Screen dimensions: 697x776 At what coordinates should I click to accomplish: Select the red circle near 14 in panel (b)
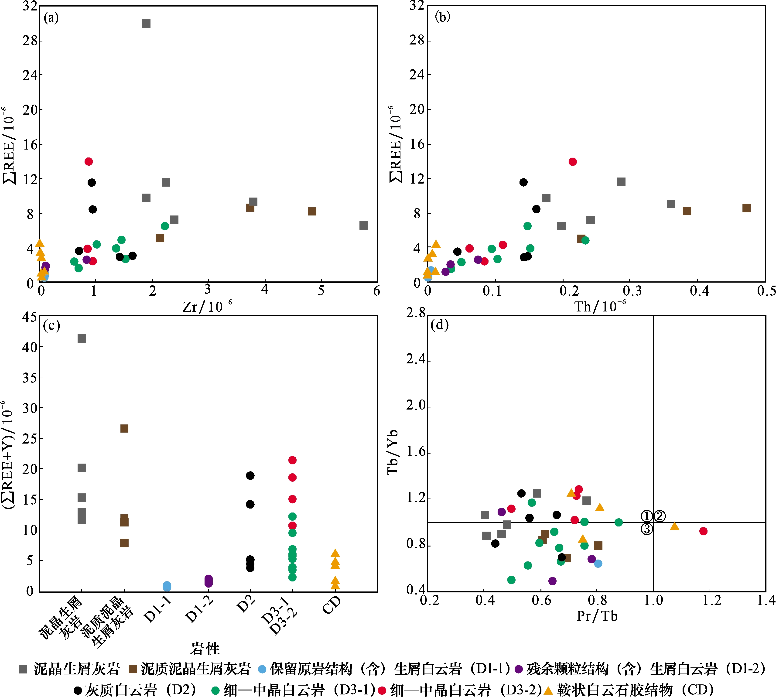click(x=573, y=162)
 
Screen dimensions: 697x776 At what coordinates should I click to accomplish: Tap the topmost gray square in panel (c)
click(x=82, y=338)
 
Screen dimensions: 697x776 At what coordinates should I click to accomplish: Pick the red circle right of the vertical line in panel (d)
click(x=703, y=531)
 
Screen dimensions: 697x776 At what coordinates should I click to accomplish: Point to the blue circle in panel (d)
click(x=598, y=563)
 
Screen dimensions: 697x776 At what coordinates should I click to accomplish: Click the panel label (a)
click(x=51, y=18)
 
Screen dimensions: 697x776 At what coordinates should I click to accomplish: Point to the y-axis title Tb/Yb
click(x=393, y=452)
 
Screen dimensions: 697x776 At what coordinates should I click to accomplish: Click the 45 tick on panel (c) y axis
click(x=30, y=317)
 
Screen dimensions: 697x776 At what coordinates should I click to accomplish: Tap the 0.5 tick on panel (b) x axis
click(x=766, y=291)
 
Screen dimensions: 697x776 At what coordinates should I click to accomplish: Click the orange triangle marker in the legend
click(x=548, y=690)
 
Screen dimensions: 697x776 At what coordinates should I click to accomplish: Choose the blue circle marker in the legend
click(x=262, y=669)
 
